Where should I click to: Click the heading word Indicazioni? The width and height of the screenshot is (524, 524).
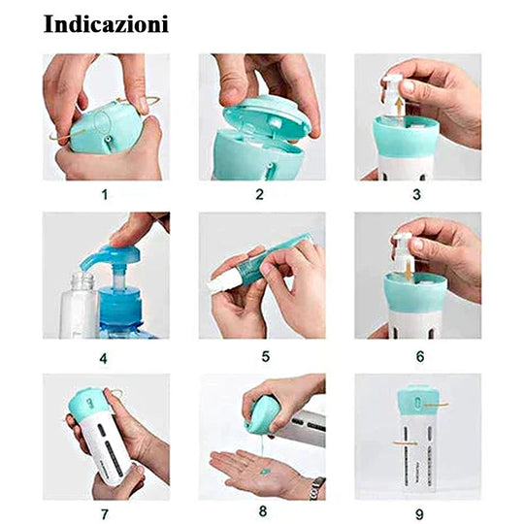pyautogui.click(x=106, y=24)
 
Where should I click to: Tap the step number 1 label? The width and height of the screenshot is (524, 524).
pyautogui.click(x=105, y=194)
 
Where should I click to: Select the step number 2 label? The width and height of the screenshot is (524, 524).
pyautogui.click(x=260, y=194)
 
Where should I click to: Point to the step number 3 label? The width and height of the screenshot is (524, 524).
pyautogui.click(x=416, y=194)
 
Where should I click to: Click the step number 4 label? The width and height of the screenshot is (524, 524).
pyautogui.click(x=103, y=359)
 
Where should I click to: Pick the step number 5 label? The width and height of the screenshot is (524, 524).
pyautogui.click(x=265, y=356)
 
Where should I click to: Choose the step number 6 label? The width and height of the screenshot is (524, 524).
pyautogui.click(x=420, y=356)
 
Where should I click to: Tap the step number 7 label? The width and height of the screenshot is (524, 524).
pyautogui.click(x=105, y=514)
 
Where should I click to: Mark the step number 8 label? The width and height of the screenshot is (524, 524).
pyautogui.click(x=263, y=511)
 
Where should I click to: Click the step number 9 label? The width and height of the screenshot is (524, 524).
pyautogui.click(x=419, y=514)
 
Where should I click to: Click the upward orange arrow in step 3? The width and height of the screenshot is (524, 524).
pyautogui.click(x=399, y=108)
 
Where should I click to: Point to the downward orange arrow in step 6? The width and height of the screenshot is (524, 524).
pyautogui.click(x=407, y=270)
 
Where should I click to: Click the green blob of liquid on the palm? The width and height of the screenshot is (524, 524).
pyautogui.click(x=265, y=472)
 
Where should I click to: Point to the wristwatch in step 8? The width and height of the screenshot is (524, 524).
pyautogui.click(x=315, y=488)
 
